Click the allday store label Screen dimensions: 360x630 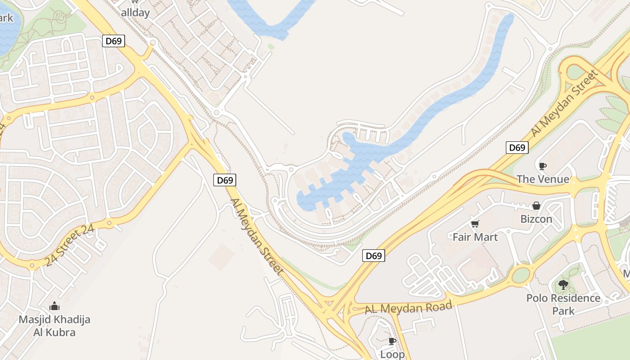click(x=135, y=13)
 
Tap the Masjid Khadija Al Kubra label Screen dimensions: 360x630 click(x=54, y=326)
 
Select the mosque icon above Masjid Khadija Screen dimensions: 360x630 click(x=54, y=306)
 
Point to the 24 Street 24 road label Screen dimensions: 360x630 click(x=70, y=245)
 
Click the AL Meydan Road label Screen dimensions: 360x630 click(x=408, y=308)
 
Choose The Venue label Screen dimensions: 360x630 click(x=543, y=179)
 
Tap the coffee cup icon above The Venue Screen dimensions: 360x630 click(x=543, y=166)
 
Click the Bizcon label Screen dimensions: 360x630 click(x=536, y=219)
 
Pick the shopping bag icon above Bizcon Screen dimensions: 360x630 click(x=536, y=206)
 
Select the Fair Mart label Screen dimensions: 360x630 click(x=475, y=237)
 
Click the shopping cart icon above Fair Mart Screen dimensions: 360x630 click(x=475, y=224)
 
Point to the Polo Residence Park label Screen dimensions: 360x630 click(x=563, y=304)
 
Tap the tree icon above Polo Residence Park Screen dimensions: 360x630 click(x=563, y=285)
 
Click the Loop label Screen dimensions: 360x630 click(x=392, y=354)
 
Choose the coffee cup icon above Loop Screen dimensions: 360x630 click(x=392, y=341)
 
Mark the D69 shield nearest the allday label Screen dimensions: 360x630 click(x=113, y=41)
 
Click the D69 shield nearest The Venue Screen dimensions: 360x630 click(x=517, y=147)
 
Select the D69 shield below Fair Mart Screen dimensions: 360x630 click(x=373, y=256)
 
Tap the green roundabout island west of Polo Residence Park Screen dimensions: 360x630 click(x=521, y=275)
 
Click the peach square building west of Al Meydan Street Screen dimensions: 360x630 click(x=221, y=257)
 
